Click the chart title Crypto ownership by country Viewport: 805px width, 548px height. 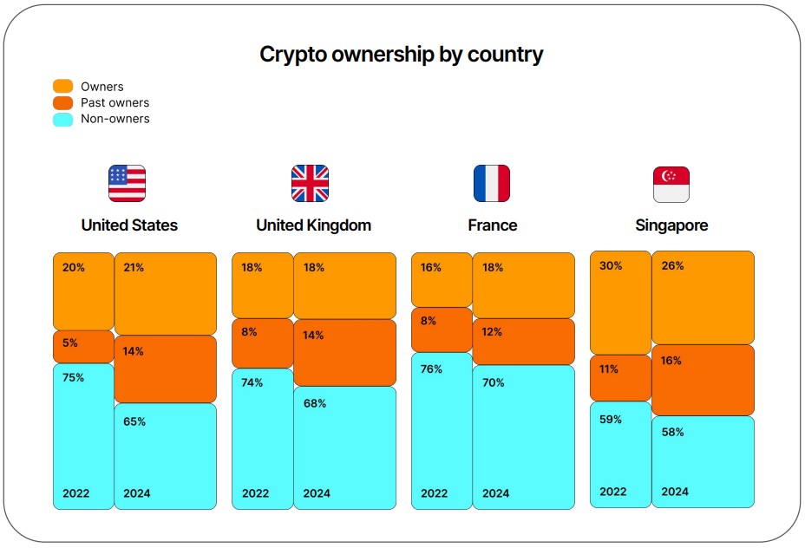tap(402, 55)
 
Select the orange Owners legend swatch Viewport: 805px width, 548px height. tap(63, 86)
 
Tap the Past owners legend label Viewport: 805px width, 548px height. tap(115, 102)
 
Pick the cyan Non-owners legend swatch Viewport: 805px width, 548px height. tap(63, 119)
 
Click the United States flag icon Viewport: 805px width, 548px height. tap(127, 183)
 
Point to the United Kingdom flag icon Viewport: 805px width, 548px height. tap(310, 183)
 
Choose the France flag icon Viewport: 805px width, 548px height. tap(492, 183)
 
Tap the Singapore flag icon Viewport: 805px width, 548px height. tap(671, 184)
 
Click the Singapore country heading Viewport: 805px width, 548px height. tap(671, 225)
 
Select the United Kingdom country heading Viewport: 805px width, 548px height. tap(313, 225)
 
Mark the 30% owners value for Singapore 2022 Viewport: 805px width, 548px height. tap(611, 266)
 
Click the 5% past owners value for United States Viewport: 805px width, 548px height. tap(70, 343)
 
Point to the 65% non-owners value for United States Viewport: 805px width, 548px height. tap(134, 422)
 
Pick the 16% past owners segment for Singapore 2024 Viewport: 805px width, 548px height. tap(703, 380)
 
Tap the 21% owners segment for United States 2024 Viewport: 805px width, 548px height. tap(165, 293)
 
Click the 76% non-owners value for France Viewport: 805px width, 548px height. tap(431, 369)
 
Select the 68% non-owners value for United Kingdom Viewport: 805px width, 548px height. tap(314, 404)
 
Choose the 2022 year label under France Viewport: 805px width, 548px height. tap(435, 493)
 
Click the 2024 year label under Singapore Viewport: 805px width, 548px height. tap(675, 492)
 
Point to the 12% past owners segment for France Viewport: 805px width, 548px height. tap(523, 342)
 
